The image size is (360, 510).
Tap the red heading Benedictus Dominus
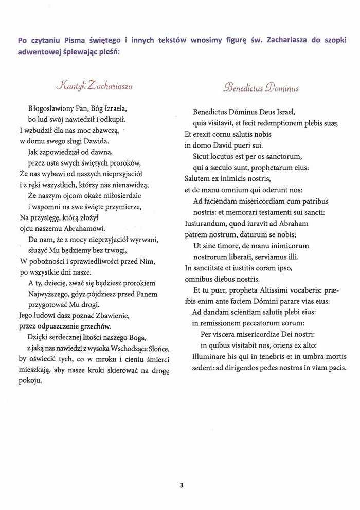tap(261, 88)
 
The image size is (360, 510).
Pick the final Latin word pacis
tap(339, 368)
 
